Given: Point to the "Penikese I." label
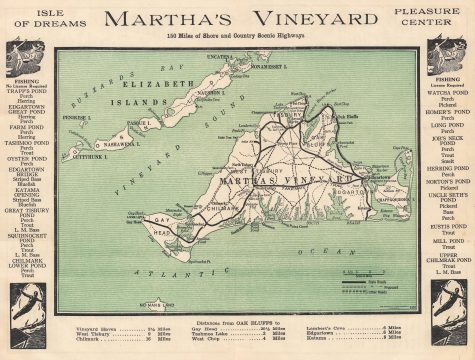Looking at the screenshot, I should point(77,118).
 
